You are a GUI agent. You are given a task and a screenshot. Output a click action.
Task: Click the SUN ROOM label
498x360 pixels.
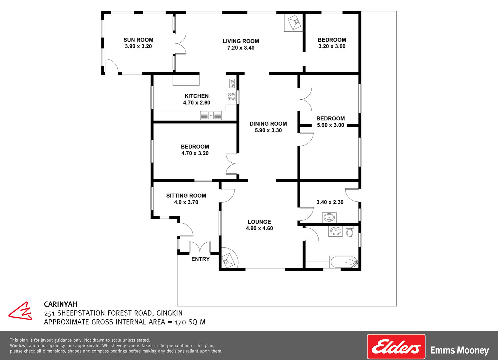click(138, 40)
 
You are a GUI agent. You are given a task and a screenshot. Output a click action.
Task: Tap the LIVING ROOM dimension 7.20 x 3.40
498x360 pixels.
click(241, 48)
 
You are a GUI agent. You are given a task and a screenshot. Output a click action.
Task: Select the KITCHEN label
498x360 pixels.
click(196, 96)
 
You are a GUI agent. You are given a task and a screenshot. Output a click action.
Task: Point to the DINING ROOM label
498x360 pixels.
click(268, 124)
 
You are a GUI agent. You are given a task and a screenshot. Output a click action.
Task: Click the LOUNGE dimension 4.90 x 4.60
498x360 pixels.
click(259, 228)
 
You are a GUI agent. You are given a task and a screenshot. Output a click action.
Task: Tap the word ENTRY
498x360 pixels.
click(200, 259)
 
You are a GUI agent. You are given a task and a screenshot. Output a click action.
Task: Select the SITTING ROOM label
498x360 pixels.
click(186, 196)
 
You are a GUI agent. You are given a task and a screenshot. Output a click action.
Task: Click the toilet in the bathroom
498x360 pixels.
click(350, 232)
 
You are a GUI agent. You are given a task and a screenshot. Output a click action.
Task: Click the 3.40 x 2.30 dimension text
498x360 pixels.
click(330, 202)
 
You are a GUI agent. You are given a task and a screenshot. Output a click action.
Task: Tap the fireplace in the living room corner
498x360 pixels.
click(293, 23)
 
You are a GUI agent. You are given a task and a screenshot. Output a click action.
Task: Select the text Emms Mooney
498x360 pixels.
click(460, 350)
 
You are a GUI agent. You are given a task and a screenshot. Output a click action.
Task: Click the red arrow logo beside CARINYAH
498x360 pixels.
click(20, 311)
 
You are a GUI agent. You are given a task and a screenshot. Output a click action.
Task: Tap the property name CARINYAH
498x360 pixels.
click(60, 304)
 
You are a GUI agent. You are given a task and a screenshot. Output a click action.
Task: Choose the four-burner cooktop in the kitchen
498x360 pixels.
click(231, 96)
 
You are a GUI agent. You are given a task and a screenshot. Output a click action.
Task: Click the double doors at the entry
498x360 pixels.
click(200, 247)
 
